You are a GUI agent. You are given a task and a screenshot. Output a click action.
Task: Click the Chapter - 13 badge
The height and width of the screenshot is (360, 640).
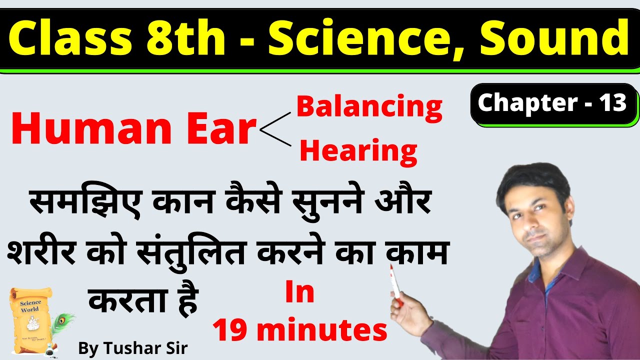[552, 103]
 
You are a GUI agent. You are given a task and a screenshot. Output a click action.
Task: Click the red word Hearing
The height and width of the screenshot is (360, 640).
[358, 150]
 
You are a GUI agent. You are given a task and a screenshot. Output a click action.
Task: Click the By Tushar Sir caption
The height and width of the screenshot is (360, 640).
[132, 348]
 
